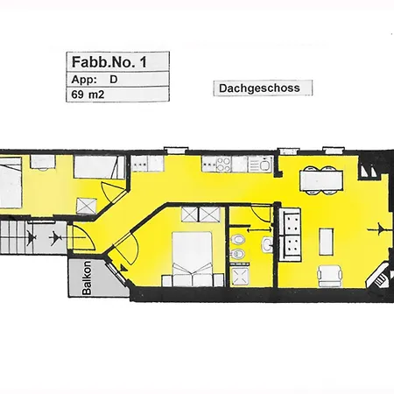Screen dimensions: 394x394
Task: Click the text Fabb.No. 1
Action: coord(109,62)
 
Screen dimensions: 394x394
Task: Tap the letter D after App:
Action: coord(114,80)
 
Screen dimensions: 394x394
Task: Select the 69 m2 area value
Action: coord(88,95)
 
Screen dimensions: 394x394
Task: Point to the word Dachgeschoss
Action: coord(259,88)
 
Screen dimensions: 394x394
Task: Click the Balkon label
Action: coord(87,278)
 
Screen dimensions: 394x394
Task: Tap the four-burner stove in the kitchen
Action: coord(224,164)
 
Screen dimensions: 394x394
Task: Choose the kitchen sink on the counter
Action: coord(260,164)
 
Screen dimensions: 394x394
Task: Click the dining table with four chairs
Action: coord(321,180)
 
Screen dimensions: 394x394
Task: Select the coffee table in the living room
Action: coord(327,242)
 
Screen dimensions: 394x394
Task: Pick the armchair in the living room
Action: coord(329,276)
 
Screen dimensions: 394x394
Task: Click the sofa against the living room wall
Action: coord(290,235)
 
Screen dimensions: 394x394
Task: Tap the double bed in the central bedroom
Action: coord(193,259)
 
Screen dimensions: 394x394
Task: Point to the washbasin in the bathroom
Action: coord(268,244)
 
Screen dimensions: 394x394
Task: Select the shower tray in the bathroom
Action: coord(240,276)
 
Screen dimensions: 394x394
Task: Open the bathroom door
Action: coord(260,215)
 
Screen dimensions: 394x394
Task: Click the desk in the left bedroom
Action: coord(43,162)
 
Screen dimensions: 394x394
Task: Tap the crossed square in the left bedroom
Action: coord(87,207)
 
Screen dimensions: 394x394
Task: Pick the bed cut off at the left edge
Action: coord(11,183)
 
